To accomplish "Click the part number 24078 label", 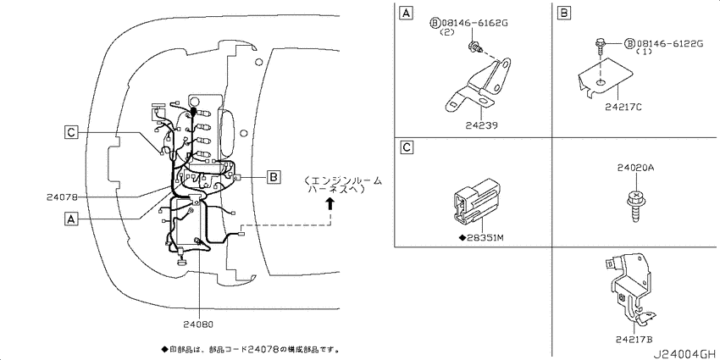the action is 62,197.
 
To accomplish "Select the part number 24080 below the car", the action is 198,324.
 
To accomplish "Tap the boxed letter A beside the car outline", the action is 70,219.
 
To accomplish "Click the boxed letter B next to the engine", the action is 274,177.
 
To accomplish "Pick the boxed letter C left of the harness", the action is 70,133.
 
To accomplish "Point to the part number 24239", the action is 482,125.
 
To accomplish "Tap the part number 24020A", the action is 635,169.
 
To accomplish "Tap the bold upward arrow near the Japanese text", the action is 330,202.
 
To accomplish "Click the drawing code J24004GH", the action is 685,354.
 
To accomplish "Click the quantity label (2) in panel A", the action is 446,32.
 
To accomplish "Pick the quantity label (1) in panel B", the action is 644,53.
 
